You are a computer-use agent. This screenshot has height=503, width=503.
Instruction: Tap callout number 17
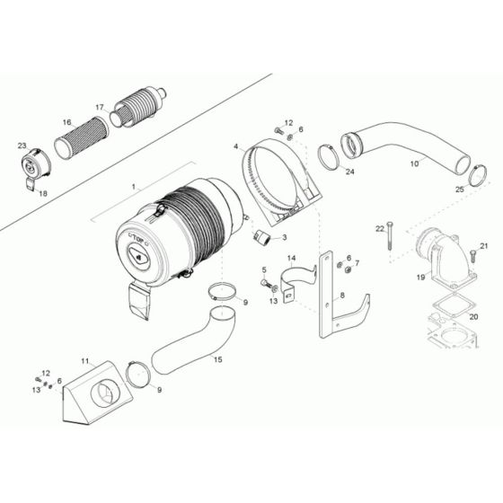pos(100,106)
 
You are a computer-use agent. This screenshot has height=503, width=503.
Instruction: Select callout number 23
pos(21,145)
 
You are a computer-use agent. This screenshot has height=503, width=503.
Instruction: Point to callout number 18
pos(43,192)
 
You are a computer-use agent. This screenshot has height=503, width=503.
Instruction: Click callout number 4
pos(236,146)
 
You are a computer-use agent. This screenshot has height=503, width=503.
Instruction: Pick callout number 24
pos(350,172)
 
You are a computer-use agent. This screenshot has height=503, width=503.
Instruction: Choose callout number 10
pos(413,163)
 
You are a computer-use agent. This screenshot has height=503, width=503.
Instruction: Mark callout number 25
pos(460,190)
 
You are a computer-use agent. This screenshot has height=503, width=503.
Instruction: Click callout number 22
pos(379,227)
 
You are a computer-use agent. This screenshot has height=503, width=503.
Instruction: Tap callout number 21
pos(482,246)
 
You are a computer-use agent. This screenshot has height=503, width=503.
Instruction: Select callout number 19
pos(419,279)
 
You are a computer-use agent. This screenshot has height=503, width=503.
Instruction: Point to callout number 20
pos(473,316)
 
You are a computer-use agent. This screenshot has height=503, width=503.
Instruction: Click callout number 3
pos(284,238)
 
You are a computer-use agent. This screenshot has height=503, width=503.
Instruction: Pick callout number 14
pos(291,258)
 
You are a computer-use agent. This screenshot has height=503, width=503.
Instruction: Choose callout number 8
pos(342,294)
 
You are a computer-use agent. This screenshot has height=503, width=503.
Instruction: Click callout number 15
pos(216,359)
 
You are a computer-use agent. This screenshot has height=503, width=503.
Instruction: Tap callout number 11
pos(86,362)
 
